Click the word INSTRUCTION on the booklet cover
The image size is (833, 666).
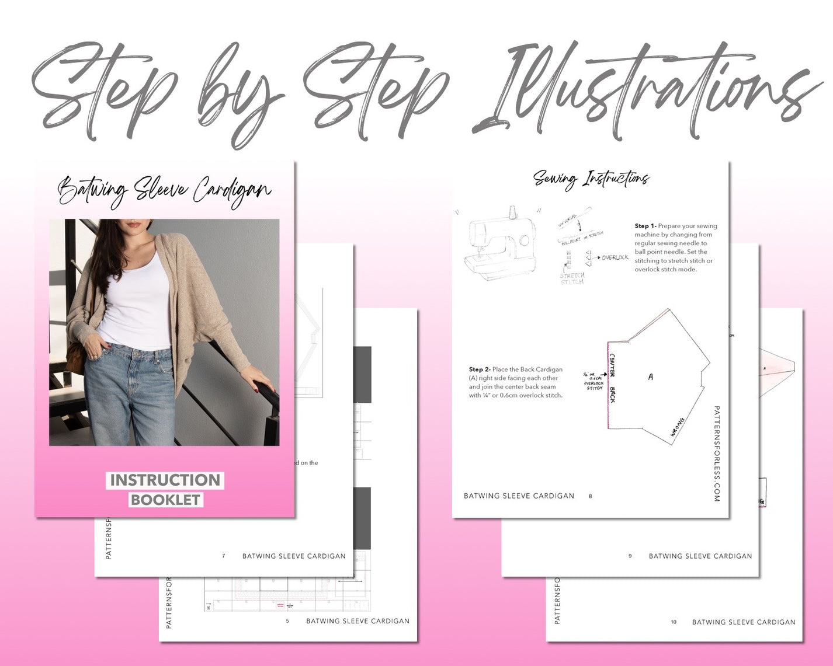tap(165, 480)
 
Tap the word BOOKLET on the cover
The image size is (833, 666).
tap(166, 500)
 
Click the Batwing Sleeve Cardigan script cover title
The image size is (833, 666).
tap(164, 191)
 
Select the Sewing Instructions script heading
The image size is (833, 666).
tap(591, 179)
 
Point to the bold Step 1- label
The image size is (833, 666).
tap(645, 226)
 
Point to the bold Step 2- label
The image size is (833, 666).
tap(479, 369)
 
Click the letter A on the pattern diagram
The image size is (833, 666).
tap(650, 377)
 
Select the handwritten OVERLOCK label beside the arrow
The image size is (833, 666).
tap(615, 257)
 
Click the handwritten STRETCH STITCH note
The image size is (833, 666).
tap(572, 278)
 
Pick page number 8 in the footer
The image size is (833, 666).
tap(590, 496)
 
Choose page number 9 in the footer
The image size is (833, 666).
tap(630, 556)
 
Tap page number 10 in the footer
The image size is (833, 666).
tap(674, 622)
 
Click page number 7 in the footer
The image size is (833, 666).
tap(223, 556)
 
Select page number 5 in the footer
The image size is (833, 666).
tap(287, 621)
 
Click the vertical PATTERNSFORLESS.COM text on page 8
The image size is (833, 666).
tap(717, 454)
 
